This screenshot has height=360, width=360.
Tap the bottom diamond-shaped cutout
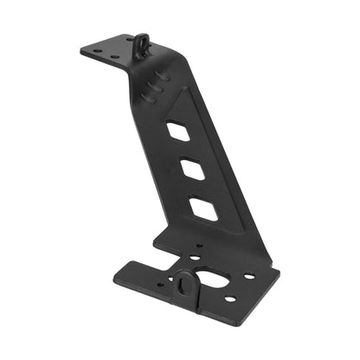click(x=202, y=208)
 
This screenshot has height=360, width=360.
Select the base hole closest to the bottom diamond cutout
click(x=197, y=246)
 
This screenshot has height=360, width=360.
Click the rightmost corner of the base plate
click(x=280, y=278)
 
